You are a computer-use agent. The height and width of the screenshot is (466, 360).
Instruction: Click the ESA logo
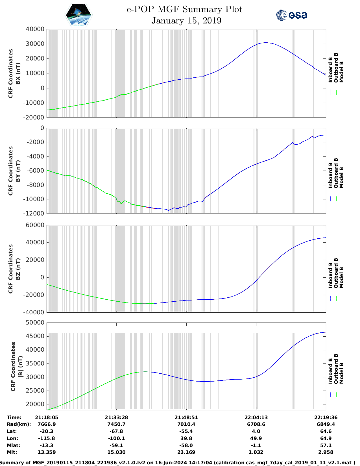coord(291,15)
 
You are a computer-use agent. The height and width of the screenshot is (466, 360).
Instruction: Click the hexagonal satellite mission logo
coord(78,15)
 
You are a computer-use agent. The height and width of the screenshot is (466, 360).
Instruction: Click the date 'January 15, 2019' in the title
coord(186,21)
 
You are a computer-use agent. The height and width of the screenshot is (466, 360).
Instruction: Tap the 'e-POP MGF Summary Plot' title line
coord(184,9)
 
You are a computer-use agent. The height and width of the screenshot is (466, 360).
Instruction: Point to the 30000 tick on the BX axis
coord(35,44)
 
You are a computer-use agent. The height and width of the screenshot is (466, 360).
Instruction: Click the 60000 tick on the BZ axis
coord(35,225)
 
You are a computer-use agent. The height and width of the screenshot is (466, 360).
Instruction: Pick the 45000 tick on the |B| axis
coord(35,336)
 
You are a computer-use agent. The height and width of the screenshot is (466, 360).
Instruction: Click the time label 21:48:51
coord(186,417)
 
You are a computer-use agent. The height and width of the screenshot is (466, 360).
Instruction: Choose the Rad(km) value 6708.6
coord(256,424)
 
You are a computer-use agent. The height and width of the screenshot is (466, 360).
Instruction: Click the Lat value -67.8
coord(116,431)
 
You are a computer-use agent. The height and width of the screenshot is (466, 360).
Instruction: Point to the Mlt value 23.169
coord(186,452)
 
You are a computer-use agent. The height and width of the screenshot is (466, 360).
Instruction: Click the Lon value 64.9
coord(326,438)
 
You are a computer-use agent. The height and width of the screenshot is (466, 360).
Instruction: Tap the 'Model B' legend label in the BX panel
coord(341,72)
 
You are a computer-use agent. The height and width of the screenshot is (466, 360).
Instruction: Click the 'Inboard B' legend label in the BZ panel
coord(330,275)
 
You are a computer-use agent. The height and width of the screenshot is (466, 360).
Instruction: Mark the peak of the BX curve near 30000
coord(266,43)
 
